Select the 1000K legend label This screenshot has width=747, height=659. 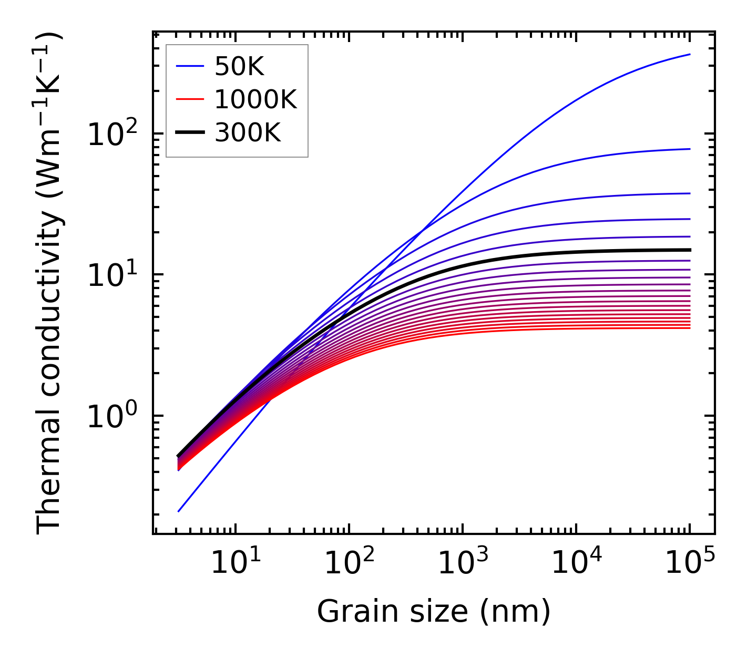click(x=255, y=99)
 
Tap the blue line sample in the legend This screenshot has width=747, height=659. click(x=190, y=66)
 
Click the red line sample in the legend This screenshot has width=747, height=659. click(x=190, y=99)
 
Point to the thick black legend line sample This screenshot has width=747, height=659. click(x=190, y=133)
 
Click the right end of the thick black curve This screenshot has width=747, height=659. click(x=689, y=250)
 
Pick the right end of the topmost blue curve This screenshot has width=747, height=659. click(x=689, y=54)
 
